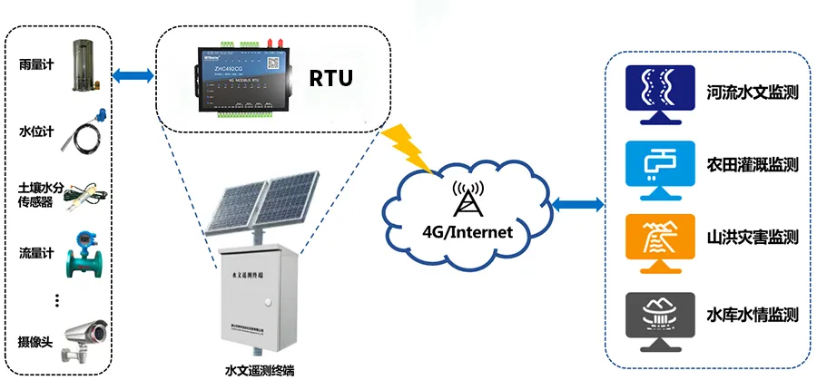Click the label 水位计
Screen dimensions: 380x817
click(33, 132)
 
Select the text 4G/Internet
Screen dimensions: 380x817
click(468, 231)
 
